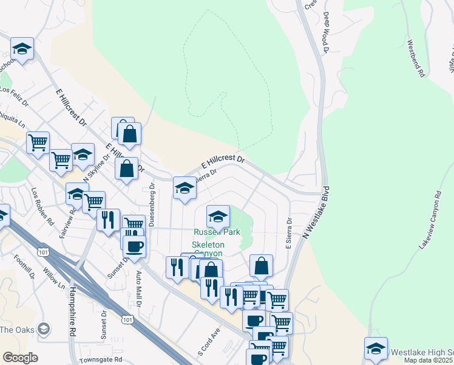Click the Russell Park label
[x=217, y=232]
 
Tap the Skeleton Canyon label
[x=209, y=249]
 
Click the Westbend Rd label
[x=416, y=58]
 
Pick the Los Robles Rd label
[x=43, y=205]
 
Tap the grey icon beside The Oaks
[x=43, y=330]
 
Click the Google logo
[x=20, y=358]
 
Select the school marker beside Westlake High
[x=376, y=349]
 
